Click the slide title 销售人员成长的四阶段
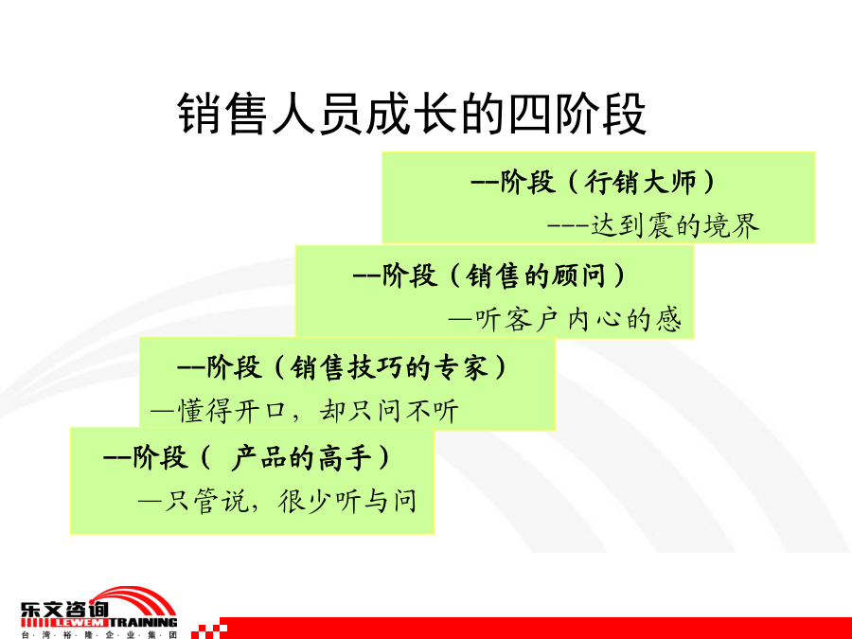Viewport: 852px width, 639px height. [412, 114]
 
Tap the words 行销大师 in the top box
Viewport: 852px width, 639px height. [640, 182]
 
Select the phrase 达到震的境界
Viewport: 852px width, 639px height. [674, 226]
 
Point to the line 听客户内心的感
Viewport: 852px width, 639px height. [577, 319]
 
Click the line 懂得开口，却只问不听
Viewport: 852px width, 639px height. [318, 411]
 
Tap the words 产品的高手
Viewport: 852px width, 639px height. [302, 457]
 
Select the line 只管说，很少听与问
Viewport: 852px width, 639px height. [291, 501]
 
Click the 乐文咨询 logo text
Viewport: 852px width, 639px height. [64, 609]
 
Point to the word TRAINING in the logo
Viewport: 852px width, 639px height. [144, 623]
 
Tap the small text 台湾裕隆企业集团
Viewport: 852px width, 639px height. [98, 634]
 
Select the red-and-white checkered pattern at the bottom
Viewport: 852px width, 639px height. [209, 629]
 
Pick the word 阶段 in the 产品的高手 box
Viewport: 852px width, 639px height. [160, 457]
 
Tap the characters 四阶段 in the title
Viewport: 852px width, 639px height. [577, 114]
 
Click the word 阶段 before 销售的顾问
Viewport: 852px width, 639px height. [409, 275]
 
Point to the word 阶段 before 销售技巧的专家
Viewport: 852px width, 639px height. [234, 368]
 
